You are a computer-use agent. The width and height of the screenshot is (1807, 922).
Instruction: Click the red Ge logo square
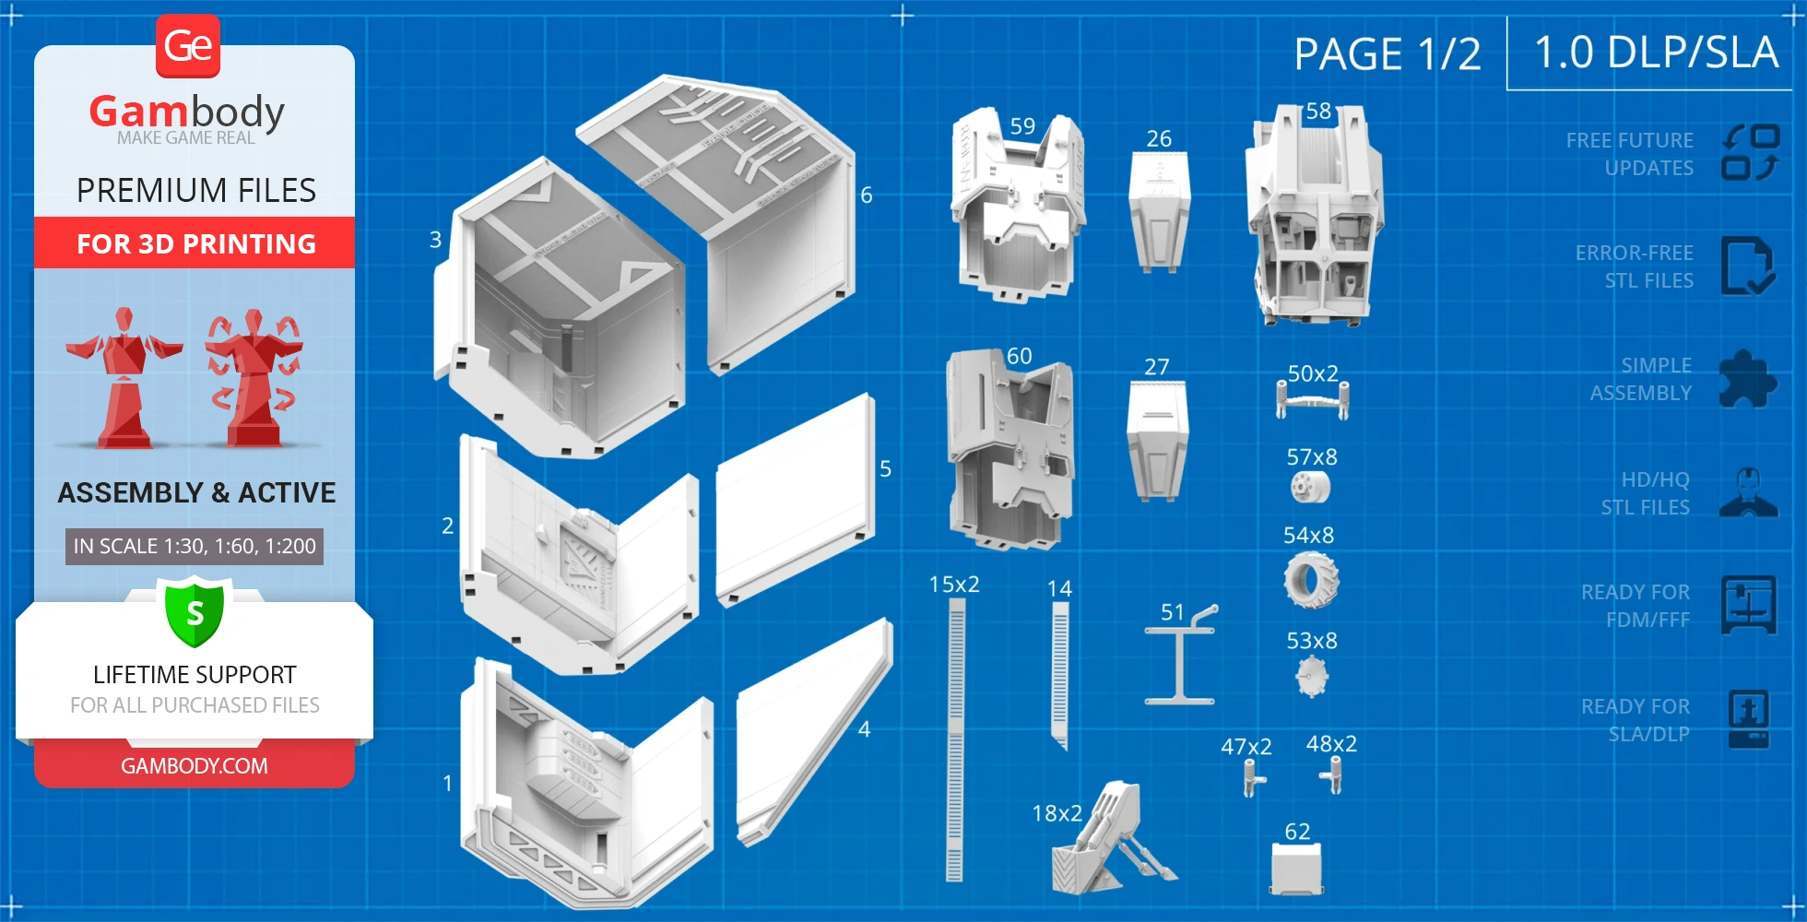click(188, 46)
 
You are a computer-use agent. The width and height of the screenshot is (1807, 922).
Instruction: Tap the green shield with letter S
click(195, 612)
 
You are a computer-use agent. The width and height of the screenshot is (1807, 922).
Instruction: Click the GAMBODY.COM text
click(195, 766)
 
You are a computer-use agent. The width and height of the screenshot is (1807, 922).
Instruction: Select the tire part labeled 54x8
click(1310, 580)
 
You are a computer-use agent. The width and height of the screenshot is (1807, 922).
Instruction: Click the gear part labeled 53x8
click(1311, 677)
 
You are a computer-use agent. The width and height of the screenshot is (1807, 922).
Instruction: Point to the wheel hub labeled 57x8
click(1310, 487)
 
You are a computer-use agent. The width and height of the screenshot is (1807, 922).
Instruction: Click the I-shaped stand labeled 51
click(1180, 659)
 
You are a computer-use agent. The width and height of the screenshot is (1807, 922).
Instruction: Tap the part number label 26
click(1159, 139)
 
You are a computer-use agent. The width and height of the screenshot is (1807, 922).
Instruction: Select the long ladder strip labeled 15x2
click(955, 738)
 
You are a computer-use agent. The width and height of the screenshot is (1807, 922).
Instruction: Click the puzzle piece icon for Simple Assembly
click(1746, 379)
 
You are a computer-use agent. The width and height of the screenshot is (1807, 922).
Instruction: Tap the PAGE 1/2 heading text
click(1387, 54)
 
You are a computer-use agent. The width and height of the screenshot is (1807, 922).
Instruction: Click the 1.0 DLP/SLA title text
click(1655, 53)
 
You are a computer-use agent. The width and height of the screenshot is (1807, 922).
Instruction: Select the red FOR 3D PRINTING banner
click(195, 243)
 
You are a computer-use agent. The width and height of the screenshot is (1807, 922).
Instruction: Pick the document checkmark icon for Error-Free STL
click(1746, 266)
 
